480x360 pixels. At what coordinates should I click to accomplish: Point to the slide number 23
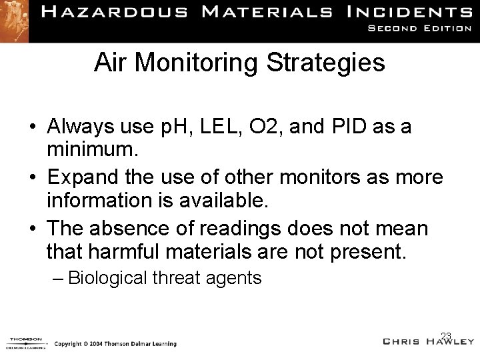[x=446, y=335]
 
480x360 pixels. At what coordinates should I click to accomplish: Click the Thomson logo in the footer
[x=25, y=342]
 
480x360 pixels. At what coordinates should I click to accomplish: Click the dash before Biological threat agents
[x=59, y=277]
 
